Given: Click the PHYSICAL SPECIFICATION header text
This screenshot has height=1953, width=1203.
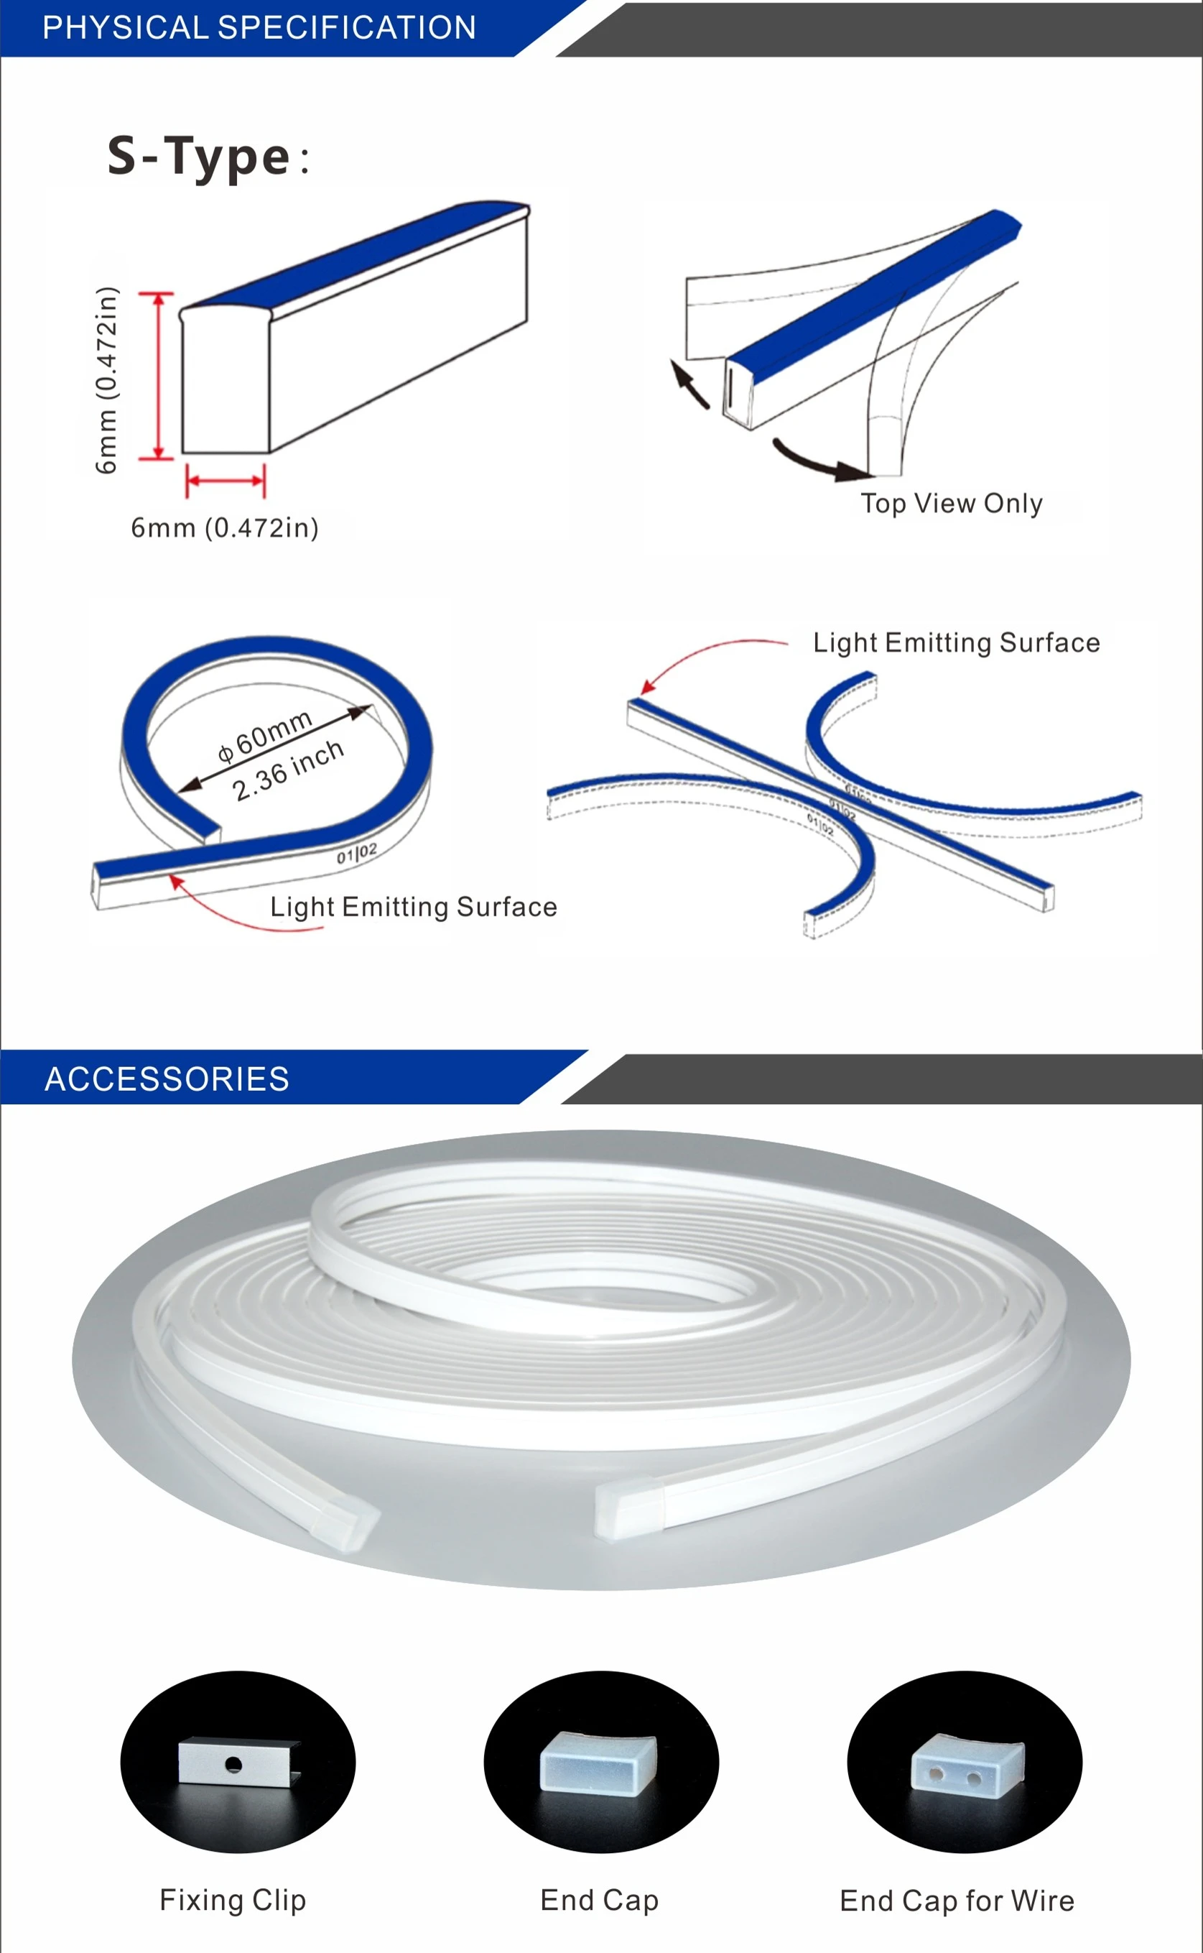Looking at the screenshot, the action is pos(259,28).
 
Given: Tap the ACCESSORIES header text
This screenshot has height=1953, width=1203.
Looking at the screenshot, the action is pos(167,1079).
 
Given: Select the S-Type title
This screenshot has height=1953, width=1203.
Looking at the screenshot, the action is pos(199,156).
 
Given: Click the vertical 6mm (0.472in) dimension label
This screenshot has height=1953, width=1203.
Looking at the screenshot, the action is pos(106,379).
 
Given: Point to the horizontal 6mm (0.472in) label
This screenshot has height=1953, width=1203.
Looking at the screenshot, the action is pos(224,527).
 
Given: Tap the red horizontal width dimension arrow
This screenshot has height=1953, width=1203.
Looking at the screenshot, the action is pos(226,481).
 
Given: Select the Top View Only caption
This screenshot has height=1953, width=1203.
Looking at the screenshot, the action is pos(951,503).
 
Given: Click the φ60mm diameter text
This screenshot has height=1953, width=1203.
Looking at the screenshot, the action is pos(266,734).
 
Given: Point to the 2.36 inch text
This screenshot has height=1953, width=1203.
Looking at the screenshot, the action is pos(288,770).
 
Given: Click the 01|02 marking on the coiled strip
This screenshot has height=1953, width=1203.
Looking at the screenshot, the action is pos(356,853).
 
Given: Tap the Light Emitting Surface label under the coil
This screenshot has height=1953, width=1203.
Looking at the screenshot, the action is pos(414,907).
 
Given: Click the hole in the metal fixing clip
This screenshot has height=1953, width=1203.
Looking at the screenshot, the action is pos(233,1765).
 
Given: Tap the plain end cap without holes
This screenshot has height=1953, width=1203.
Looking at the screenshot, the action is pos(599,1762).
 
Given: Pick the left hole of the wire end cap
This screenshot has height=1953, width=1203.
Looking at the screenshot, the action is pos(937,1773).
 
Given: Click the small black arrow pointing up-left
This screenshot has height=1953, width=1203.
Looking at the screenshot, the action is pos(688,384).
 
